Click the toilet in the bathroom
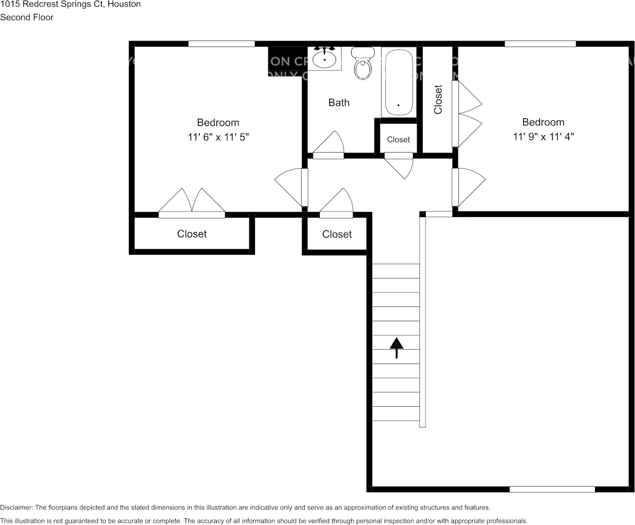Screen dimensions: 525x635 (x=363, y=65)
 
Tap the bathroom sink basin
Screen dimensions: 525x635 (x=324, y=58)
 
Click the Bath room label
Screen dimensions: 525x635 (x=339, y=103)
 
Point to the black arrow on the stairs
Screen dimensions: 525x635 (x=396, y=347)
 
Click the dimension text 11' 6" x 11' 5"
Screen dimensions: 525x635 (x=218, y=137)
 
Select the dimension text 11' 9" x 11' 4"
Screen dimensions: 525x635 (x=543, y=136)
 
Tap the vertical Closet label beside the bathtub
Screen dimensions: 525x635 (x=438, y=99)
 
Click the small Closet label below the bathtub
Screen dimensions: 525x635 (x=398, y=140)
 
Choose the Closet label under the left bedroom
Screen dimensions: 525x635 (x=192, y=234)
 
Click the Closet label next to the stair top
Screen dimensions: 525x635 (x=337, y=235)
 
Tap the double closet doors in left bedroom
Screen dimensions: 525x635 (x=192, y=201)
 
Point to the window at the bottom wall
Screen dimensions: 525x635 (x=552, y=489)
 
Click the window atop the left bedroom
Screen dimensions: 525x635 (x=221, y=44)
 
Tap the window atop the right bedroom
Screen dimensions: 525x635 (x=540, y=44)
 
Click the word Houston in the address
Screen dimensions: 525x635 (x=124, y=4)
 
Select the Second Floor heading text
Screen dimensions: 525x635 (x=27, y=17)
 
